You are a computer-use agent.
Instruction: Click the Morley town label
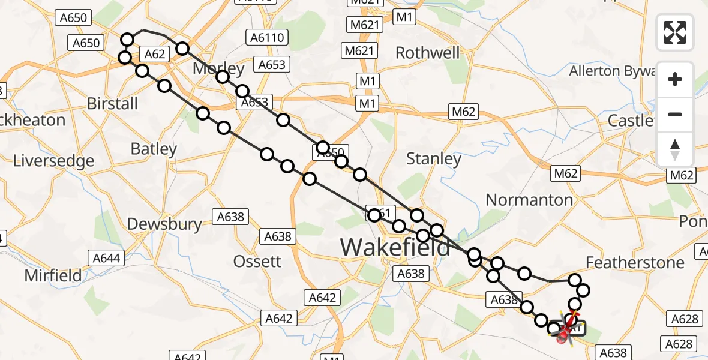coord(218,68)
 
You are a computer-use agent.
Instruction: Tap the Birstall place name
coord(112,104)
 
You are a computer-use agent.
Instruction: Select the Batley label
coord(154,149)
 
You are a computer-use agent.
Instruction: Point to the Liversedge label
coord(54,161)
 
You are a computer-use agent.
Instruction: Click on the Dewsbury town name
coord(164,224)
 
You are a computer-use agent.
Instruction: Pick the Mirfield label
coord(53,276)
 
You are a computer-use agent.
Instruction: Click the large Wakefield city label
coord(395,247)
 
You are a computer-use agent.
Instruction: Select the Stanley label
coord(434,159)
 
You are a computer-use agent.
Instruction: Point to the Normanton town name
coord(529,200)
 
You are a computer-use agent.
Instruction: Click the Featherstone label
coord(635,263)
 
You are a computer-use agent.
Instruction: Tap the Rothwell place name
coord(428,53)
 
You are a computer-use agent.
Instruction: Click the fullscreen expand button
coord(675,32)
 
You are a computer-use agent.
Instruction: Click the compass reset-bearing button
coord(675,149)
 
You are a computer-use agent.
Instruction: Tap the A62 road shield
coord(155,55)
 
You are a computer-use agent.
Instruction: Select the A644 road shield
coord(107,259)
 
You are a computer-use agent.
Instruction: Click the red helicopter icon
coord(565,330)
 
